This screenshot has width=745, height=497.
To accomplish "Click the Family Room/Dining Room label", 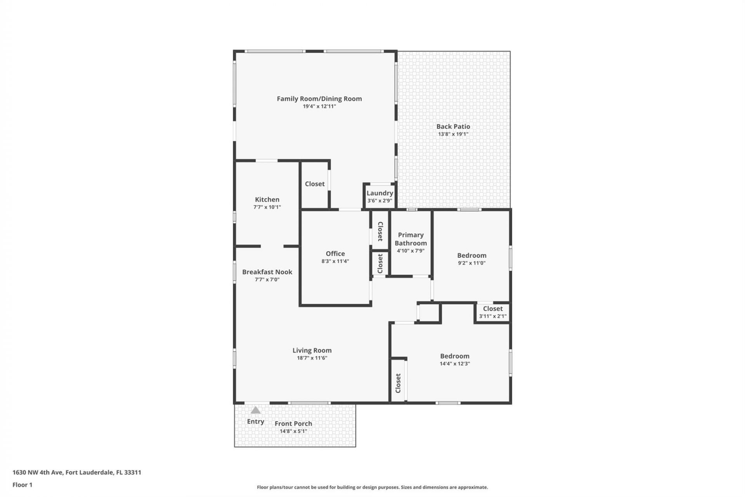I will point(319,99).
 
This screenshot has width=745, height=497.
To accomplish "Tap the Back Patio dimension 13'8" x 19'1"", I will point(453,134).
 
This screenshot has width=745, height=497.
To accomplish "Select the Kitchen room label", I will point(267,200).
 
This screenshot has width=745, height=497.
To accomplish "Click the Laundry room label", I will point(379,193).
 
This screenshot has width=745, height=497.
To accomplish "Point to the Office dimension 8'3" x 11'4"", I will point(335,261).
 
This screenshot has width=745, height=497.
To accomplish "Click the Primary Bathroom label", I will point(411,239).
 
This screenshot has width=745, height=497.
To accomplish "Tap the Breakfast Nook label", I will point(267,272).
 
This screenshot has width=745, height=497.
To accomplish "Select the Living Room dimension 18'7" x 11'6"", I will point(312,358).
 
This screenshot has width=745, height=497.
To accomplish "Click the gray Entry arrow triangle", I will point(255,410).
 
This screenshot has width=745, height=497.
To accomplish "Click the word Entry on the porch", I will point(255,421).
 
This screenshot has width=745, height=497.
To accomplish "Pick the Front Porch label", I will point(293,424).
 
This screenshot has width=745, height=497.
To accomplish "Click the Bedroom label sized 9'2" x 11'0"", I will point(471,255).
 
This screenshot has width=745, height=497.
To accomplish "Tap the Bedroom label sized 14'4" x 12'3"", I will point(454,356).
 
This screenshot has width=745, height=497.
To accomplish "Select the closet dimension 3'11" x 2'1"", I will point(492,316).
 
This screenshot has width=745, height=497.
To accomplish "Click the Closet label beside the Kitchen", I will point(314,184).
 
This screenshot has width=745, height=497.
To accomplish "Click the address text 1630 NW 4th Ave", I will point(77,473).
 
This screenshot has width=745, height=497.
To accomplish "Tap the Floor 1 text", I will point(22,485).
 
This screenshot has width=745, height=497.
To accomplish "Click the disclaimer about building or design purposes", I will point(372,487).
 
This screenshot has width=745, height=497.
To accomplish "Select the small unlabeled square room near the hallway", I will point(429,313).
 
